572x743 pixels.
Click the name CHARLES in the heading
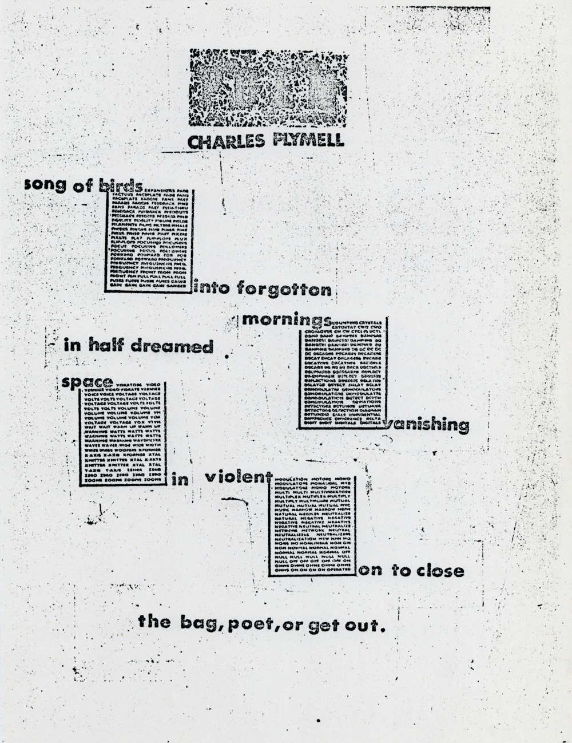(x=220, y=141)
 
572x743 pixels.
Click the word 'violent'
(x=237, y=476)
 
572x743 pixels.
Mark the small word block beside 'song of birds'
(x=149, y=240)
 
